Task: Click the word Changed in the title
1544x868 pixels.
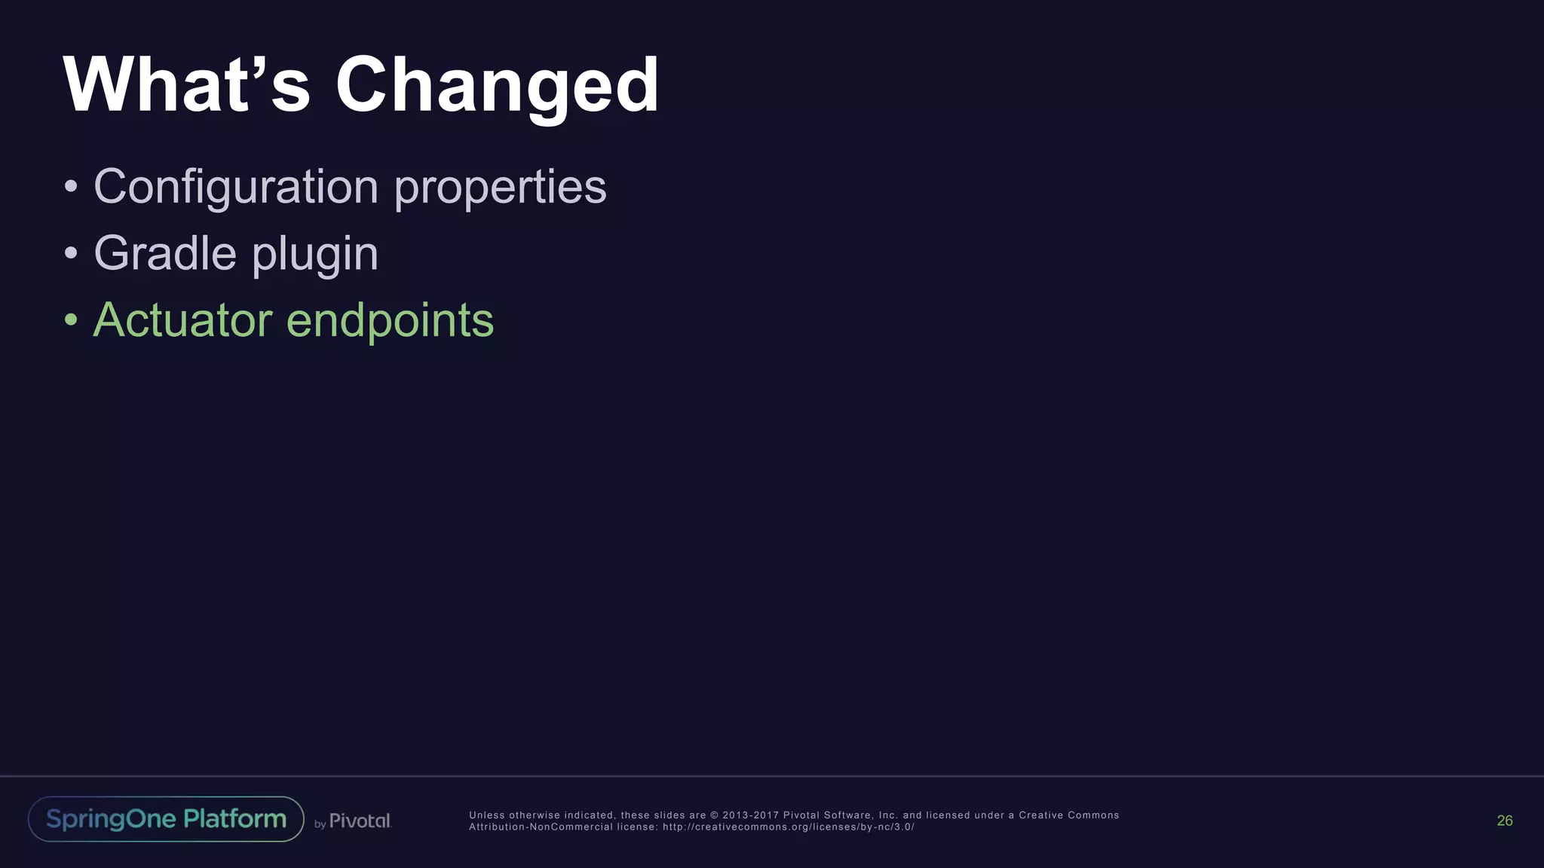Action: coord(497,86)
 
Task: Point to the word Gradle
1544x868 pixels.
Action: coord(164,253)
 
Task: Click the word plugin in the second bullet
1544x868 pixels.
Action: coord(314,255)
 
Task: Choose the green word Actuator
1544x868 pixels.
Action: coord(182,320)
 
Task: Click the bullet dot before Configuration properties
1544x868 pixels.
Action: coord(71,186)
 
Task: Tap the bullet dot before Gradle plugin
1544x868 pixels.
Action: coord(71,253)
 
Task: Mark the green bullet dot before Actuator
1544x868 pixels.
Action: coord(71,319)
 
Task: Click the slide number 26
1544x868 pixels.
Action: coord(1504,821)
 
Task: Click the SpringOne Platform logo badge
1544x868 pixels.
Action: coord(166,819)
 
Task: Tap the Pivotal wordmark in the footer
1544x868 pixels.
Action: coord(360,821)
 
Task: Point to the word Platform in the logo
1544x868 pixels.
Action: coord(234,819)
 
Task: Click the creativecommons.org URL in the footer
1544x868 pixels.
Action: coord(788,827)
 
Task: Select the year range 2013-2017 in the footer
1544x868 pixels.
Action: coord(749,815)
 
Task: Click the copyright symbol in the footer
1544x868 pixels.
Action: coord(714,815)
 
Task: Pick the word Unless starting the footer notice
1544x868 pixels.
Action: coord(486,815)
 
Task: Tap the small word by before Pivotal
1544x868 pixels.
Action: coord(320,824)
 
